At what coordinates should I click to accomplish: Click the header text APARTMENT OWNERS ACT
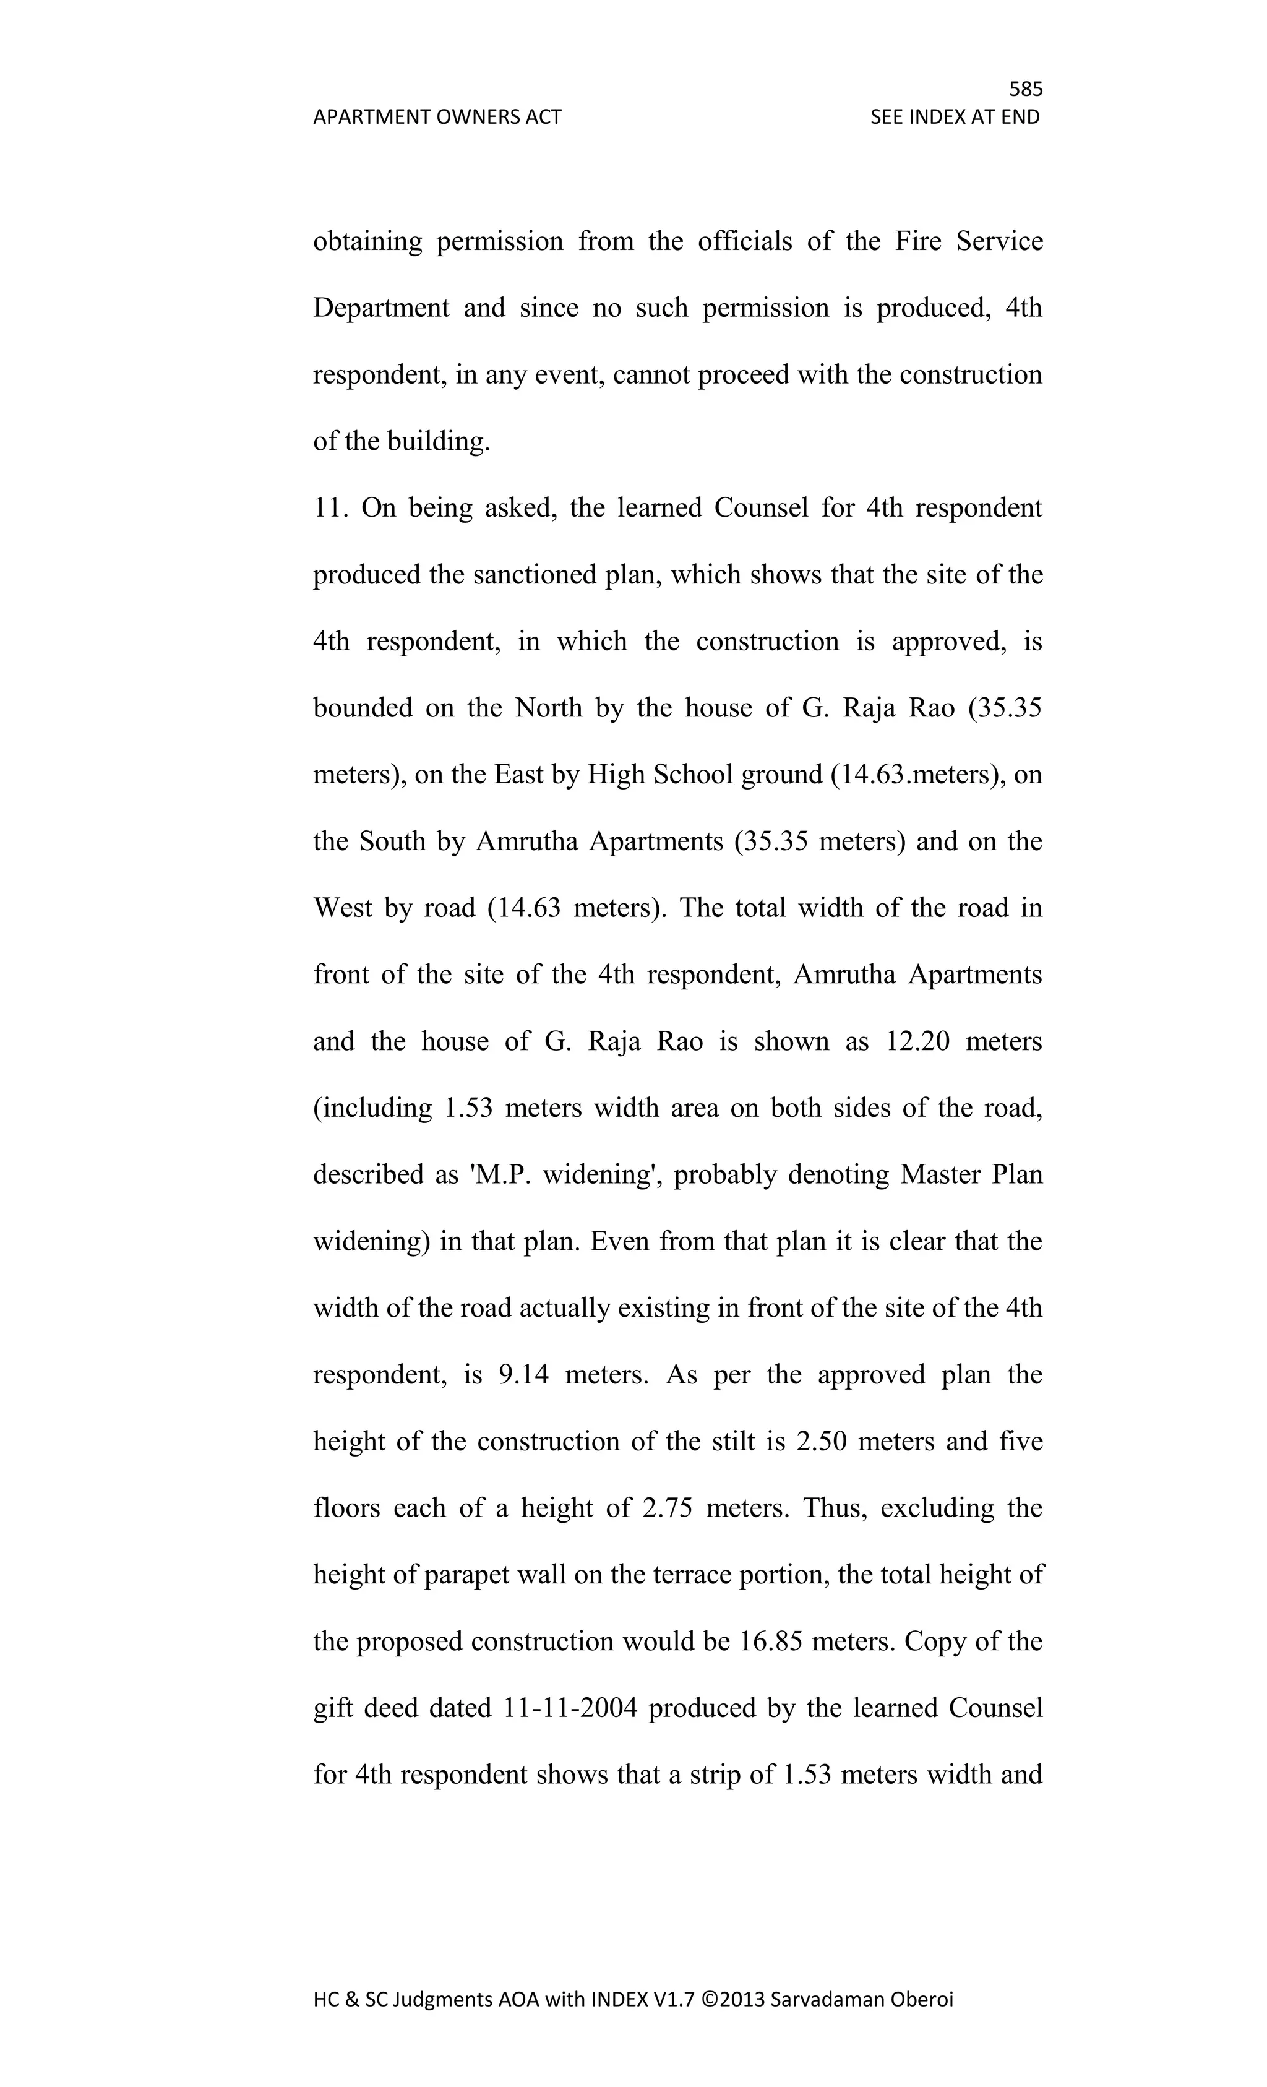tap(437, 117)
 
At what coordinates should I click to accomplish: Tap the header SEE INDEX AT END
tap(955, 117)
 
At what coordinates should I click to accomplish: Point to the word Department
tap(381, 308)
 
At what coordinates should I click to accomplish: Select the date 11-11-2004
tap(570, 1708)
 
